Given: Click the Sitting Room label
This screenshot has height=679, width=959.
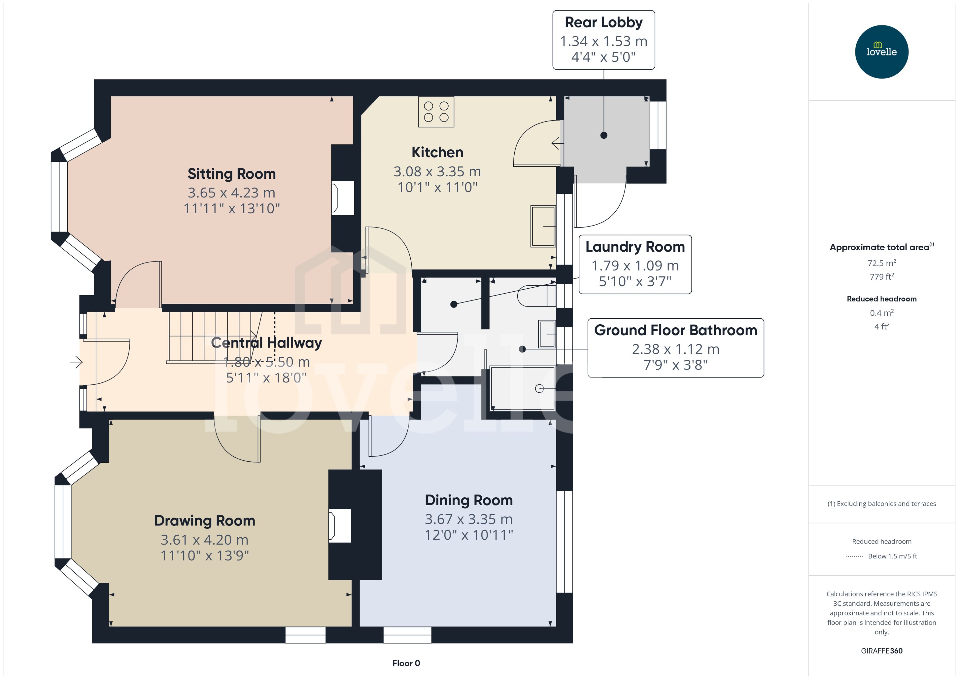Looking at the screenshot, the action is point(232,174).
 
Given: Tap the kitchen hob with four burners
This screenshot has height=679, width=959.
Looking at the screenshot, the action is point(436,112).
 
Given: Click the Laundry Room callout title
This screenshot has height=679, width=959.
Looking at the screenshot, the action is point(635,247).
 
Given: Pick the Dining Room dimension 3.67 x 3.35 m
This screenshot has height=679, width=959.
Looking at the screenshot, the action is point(469,519).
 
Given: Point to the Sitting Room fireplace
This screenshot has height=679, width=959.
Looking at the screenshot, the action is point(343,198).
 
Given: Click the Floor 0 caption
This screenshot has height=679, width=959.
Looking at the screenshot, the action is point(406,663).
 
